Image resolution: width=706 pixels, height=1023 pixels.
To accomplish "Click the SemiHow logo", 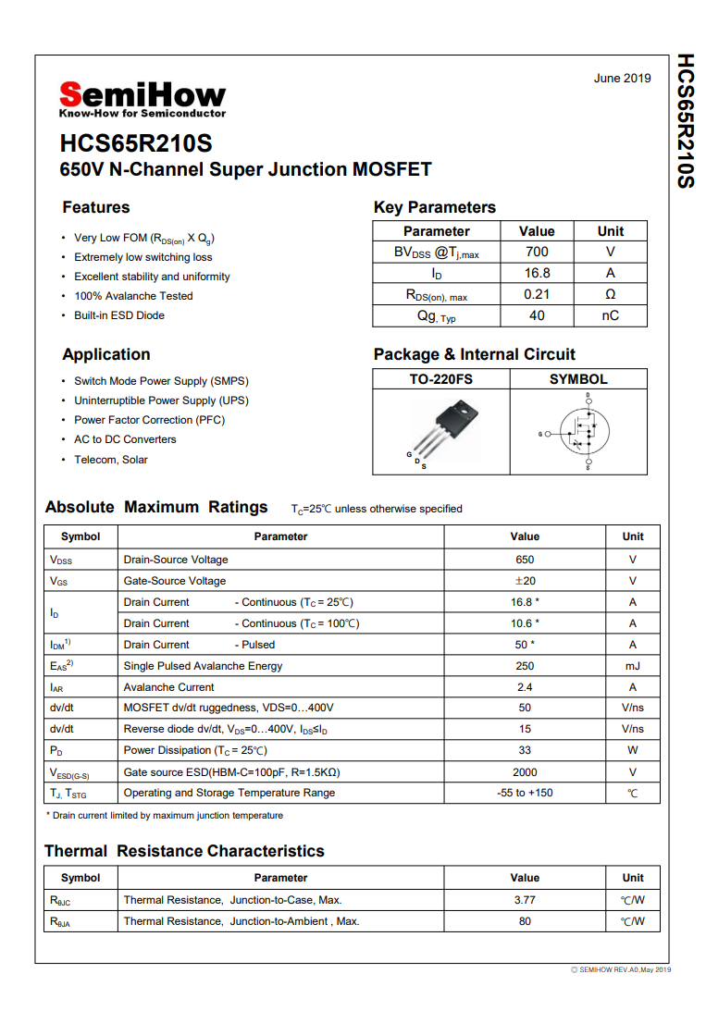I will point(142,97).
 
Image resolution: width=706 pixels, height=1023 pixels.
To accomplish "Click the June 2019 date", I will point(622,79).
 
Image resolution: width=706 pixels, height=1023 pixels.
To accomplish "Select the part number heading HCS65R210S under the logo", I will point(136,144).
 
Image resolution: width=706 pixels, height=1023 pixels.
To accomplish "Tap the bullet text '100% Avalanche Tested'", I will point(133,296).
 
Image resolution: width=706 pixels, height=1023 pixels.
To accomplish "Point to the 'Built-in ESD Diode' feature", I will point(119,315).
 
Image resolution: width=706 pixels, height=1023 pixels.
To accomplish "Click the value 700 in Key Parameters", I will point(537,252).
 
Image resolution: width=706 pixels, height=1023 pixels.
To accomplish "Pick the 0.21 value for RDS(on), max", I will point(537,294).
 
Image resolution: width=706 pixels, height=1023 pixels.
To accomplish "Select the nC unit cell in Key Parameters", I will point(611,315).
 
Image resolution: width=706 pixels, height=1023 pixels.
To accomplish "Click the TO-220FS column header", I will point(441,379).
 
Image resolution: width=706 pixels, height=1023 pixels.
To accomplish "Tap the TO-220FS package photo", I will point(442,431).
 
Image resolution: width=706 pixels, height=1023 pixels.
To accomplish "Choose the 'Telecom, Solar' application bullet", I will point(111,460).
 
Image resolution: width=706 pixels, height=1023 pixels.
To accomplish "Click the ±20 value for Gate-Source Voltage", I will point(525,581).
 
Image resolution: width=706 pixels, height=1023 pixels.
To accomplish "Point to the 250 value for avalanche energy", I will point(525,666).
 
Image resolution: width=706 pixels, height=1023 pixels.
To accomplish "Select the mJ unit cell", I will point(633,666).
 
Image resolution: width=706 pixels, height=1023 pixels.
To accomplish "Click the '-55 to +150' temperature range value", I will point(525,793).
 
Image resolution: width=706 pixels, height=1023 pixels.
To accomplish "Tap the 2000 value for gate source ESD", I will point(525,772).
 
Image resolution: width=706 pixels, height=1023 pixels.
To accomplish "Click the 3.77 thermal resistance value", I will point(525,900).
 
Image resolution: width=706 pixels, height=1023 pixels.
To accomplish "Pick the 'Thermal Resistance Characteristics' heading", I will point(184,851).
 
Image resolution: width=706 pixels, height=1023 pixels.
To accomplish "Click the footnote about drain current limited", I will point(165,816).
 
